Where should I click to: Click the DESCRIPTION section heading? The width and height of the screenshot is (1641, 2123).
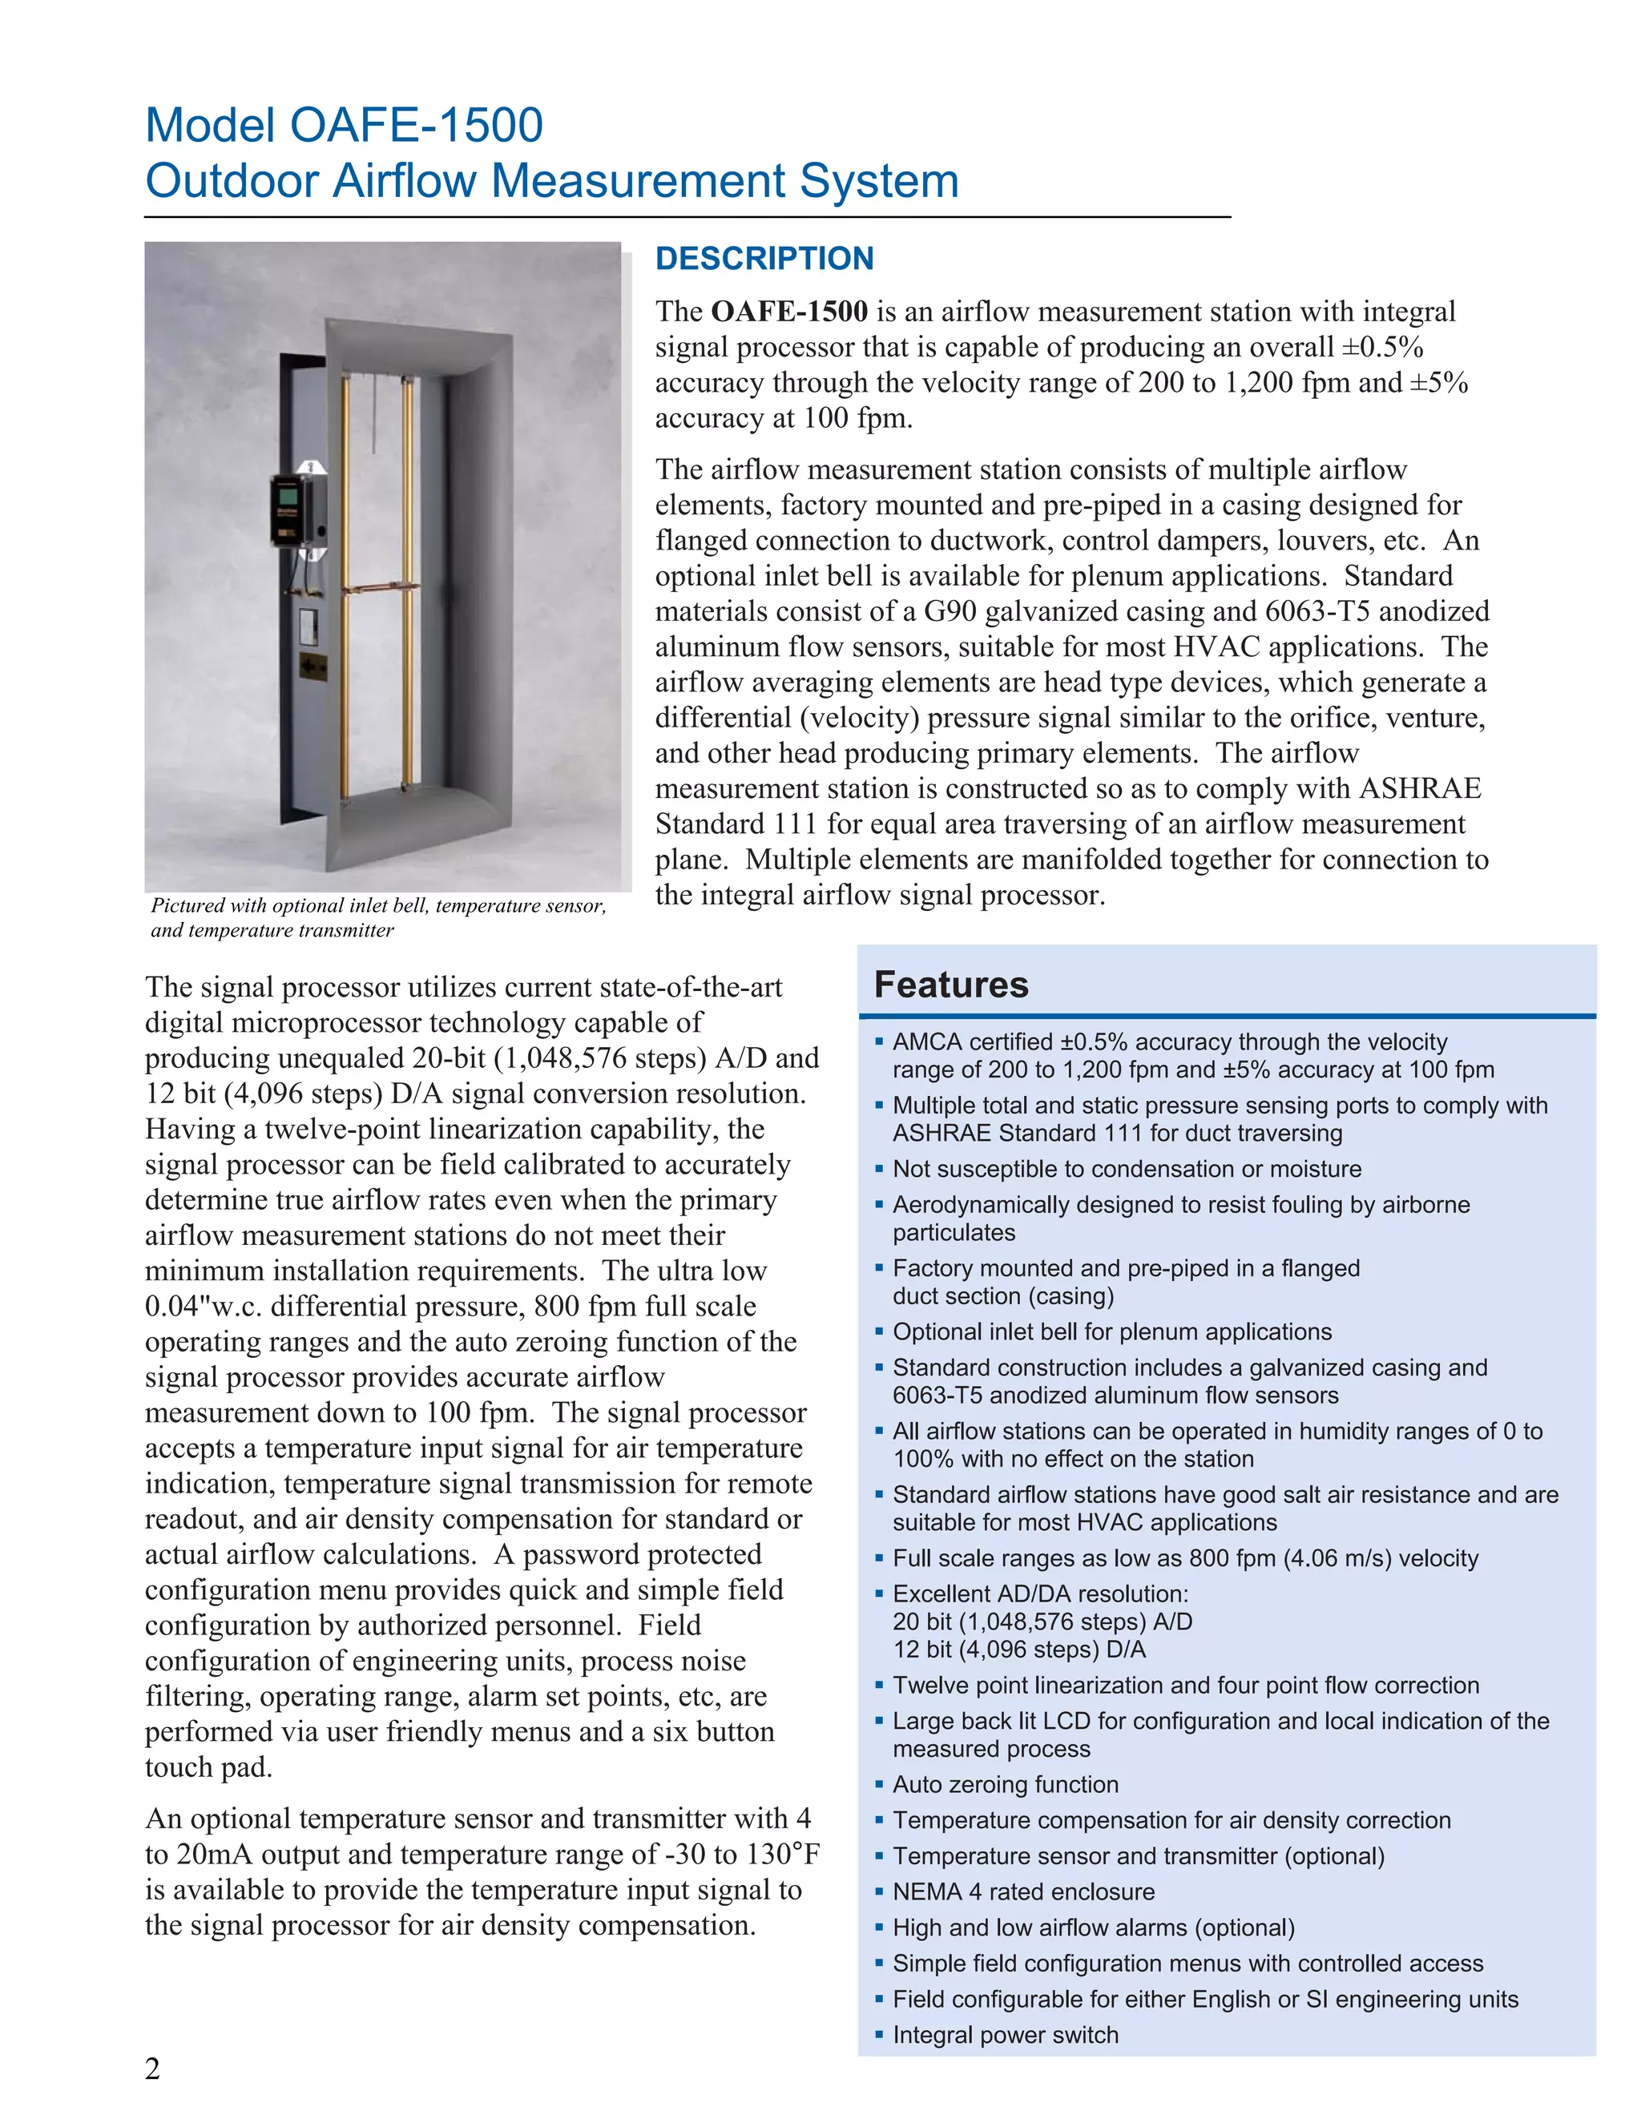point(764,259)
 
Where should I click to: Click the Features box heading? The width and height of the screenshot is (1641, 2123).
point(951,985)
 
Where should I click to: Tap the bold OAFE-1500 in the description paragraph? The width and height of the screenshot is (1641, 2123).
point(788,311)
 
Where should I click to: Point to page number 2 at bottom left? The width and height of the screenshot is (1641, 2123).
point(152,2069)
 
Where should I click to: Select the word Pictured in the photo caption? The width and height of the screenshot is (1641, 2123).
point(187,906)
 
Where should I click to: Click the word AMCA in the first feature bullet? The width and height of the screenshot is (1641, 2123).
point(925,1042)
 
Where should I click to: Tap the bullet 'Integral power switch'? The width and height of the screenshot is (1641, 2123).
point(1006,2035)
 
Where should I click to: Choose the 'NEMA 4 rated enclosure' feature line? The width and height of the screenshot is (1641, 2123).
point(1022,1891)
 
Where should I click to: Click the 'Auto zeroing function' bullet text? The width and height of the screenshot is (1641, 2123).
point(1006,1784)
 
